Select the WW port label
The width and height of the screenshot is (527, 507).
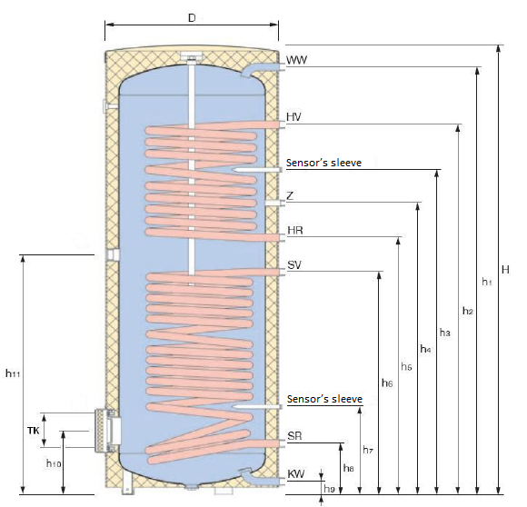pyautogui.click(x=296, y=60)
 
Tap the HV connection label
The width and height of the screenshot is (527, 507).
pyautogui.click(x=294, y=118)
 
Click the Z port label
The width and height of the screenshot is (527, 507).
pyautogui.click(x=290, y=196)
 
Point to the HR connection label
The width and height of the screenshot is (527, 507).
pyautogui.click(x=294, y=232)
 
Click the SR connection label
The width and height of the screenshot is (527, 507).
pyautogui.click(x=294, y=436)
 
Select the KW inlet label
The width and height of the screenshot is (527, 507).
pyautogui.click(x=295, y=474)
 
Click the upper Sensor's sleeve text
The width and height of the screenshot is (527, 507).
pyautogui.click(x=324, y=163)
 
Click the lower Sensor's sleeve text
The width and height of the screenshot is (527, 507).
pyautogui.click(x=324, y=399)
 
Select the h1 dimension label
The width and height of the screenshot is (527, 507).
pyautogui.click(x=486, y=283)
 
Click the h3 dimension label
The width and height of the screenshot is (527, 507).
pyautogui.click(x=445, y=333)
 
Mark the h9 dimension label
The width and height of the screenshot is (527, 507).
pyautogui.click(x=329, y=492)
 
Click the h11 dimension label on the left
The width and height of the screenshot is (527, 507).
pyautogui.click(x=12, y=373)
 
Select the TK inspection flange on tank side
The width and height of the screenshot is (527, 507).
pyautogui.click(x=105, y=430)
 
